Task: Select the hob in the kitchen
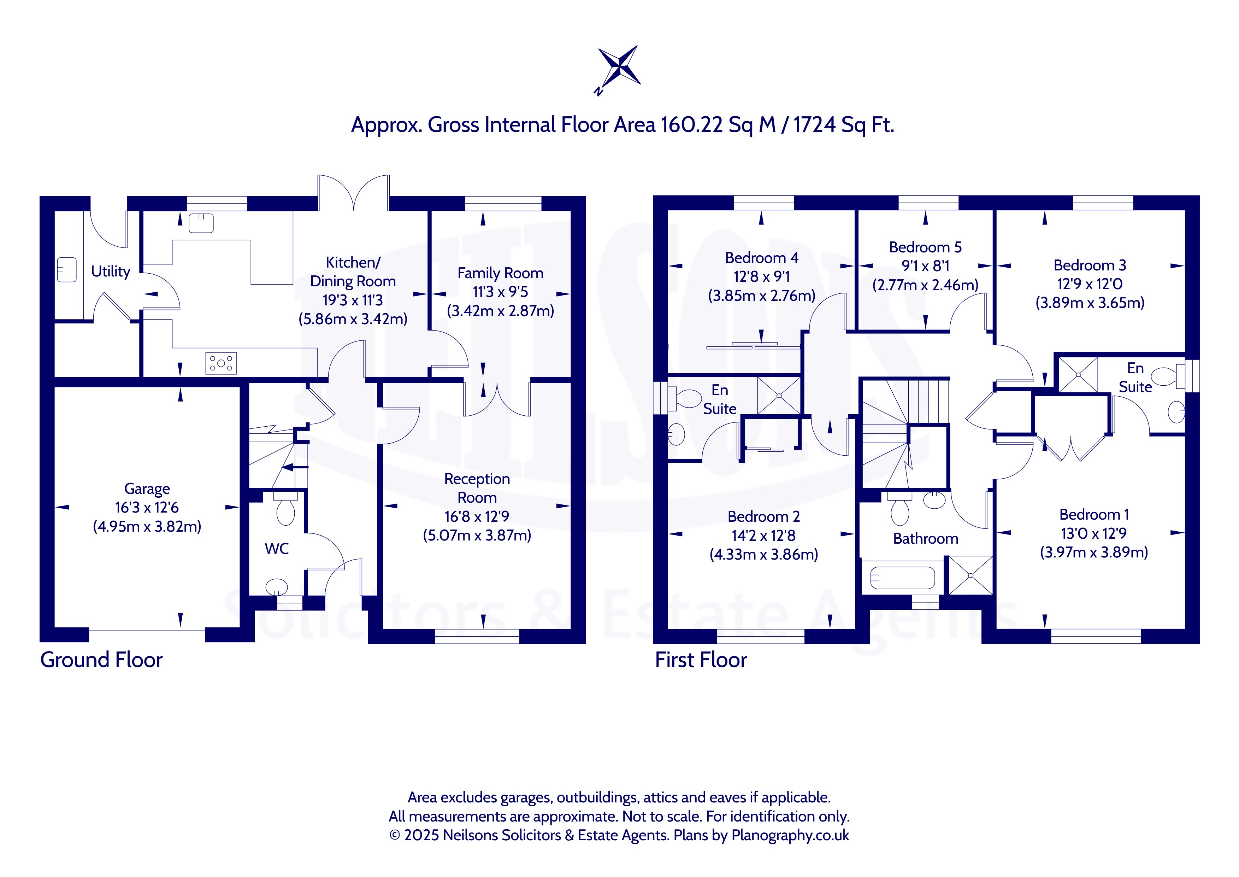(x=221, y=363)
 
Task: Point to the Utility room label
(x=111, y=271)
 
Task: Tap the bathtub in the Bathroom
(x=902, y=578)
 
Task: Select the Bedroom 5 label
(x=926, y=247)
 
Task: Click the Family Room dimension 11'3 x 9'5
(x=500, y=292)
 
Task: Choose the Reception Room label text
(x=477, y=488)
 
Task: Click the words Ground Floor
(x=101, y=660)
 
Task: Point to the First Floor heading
(x=701, y=660)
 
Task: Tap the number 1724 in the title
(x=815, y=125)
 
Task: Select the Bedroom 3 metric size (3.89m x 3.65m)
(x=1090, y=303)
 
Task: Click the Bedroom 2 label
(x=763, y=517)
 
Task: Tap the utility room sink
(x=67, y=269)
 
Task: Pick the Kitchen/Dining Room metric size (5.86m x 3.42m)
(x=353, y=319)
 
